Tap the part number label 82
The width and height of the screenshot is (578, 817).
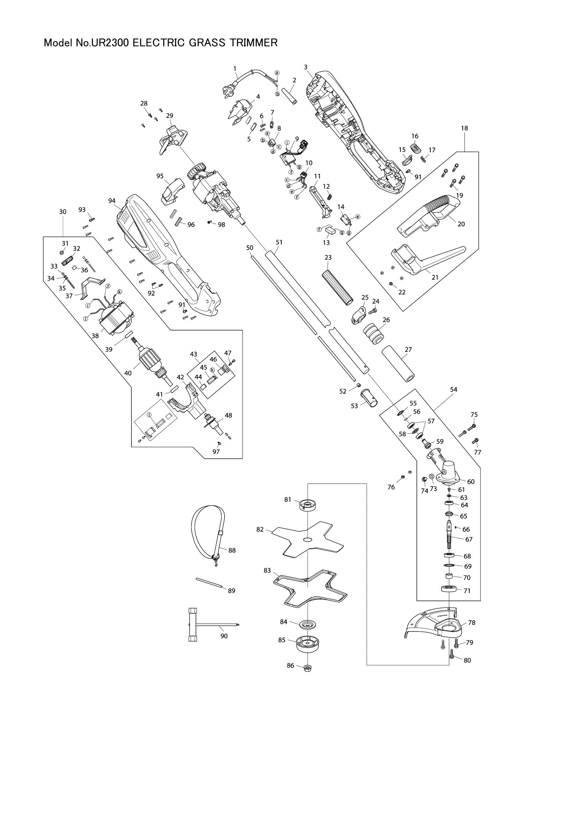(x=260, y=529)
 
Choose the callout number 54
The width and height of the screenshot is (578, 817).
(x=454, y=390)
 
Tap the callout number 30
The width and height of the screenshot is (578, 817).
(x=63, y=212)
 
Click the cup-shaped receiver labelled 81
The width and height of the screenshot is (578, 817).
(x=308, y=505)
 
